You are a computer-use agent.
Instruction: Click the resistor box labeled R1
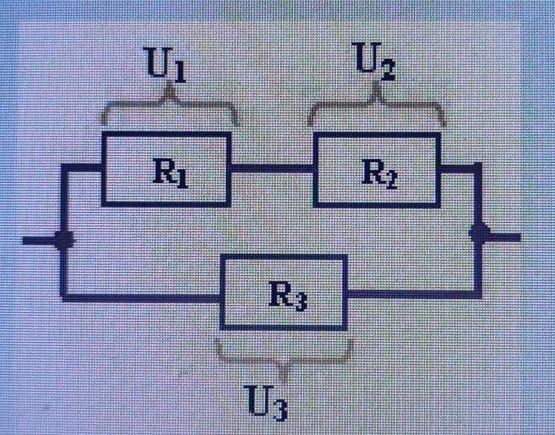click(166, 168)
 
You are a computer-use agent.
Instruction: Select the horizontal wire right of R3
click(415, 293)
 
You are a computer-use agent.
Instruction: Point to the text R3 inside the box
click(287, 295)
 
